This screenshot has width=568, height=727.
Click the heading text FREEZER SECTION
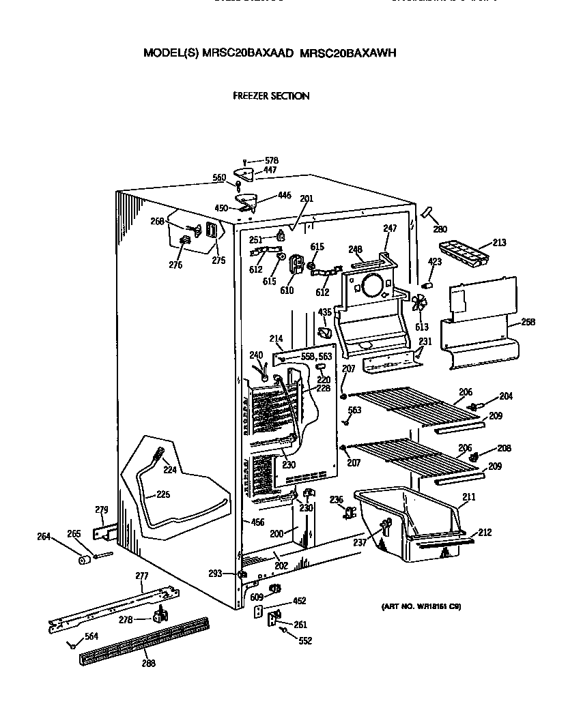coord(271,96)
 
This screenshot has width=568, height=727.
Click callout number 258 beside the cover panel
coord(527,322)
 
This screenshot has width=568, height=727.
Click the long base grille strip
coord(145,639)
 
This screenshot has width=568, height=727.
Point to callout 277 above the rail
coord(141,577)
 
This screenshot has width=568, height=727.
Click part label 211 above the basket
coord(468,498)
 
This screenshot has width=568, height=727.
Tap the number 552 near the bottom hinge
coord(304,641)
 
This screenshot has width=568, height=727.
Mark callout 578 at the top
coord(272,161)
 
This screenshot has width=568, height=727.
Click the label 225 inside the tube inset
coord(163,494)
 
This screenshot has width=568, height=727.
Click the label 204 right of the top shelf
coord(505,396)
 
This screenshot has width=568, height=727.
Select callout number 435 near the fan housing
coord(324,312)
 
